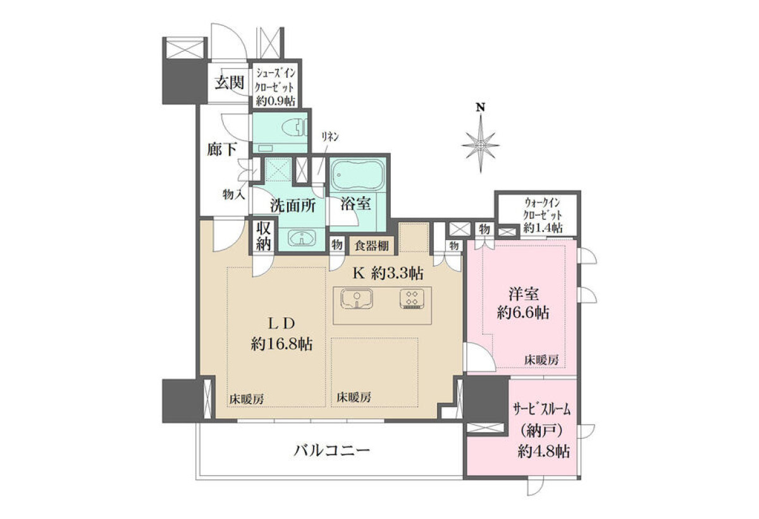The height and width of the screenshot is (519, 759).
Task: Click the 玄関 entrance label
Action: tap(230, 82)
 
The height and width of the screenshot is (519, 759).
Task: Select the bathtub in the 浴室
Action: tap(357, 175)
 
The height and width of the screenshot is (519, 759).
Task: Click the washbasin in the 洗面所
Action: tap(302, 237)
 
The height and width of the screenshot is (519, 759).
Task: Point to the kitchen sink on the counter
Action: tap(357, 299)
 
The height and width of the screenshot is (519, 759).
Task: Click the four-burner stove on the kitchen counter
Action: tap(412, 298)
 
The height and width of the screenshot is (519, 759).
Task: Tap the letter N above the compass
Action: tap(481, 108)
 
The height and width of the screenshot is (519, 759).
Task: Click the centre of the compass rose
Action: tap(481, 146)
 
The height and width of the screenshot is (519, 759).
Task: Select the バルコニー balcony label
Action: tap(331, 451)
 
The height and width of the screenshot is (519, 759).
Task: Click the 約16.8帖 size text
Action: tap(282, 344)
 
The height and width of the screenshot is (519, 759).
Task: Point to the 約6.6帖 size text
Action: tap(523, 313)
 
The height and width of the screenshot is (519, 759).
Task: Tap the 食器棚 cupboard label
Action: tap(372, 246)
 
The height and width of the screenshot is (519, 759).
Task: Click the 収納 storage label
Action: tap(263, 236)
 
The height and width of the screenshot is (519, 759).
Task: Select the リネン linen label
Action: tap(330, 137)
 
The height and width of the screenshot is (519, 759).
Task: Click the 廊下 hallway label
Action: tap(222, 149)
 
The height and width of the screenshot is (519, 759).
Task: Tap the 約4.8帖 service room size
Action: tap(544, 451)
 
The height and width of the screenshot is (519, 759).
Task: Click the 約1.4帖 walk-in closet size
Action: tap(543, 227)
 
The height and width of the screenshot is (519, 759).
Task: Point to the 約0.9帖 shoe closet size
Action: tap(276, 101)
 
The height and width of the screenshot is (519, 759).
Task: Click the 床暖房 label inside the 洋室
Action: tap(542, 360)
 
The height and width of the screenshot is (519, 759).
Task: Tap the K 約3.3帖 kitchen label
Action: tap(388, 273)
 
